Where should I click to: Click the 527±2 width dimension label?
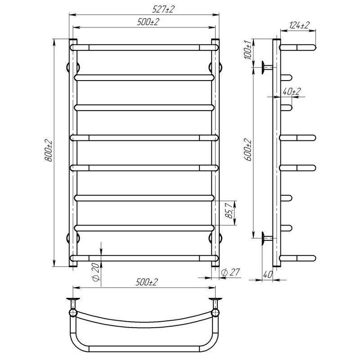(x=163, y=9)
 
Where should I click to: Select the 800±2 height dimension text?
(x=49, y=150)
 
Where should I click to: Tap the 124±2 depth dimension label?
(x=299, y=25)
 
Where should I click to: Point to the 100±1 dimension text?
(x=248, y=49)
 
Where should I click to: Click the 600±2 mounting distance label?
(x=248, y=150)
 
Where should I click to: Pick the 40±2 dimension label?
(x=291, y=91)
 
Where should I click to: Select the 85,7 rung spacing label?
(x=229, y=210)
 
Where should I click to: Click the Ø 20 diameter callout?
(x=96, y=272)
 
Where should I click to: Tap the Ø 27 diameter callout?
(x=230, y=272)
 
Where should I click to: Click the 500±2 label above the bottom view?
(x=147, y=282)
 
